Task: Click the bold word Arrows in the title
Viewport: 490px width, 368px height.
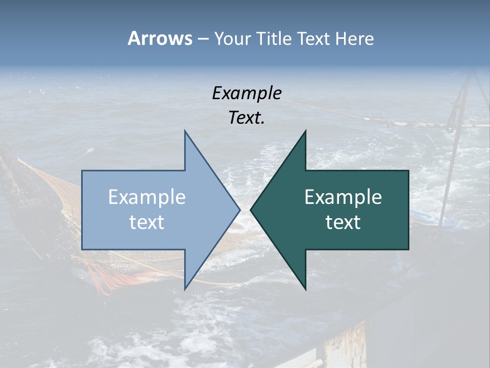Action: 159,38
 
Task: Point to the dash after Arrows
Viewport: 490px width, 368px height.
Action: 203,39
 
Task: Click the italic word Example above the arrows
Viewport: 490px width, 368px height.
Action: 247,93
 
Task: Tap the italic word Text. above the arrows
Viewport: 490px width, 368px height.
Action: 247,118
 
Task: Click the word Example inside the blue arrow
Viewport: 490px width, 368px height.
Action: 147,197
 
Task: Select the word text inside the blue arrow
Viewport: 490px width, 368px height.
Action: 147,222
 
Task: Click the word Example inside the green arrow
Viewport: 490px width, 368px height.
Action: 343,197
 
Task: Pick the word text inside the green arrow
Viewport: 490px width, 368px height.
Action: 343,222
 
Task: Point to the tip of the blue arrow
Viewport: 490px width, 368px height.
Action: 239,210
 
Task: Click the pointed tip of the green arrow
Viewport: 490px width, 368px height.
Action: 252,210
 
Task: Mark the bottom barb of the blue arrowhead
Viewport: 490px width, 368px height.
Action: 186,288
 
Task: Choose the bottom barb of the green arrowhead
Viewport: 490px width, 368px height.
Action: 305,288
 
